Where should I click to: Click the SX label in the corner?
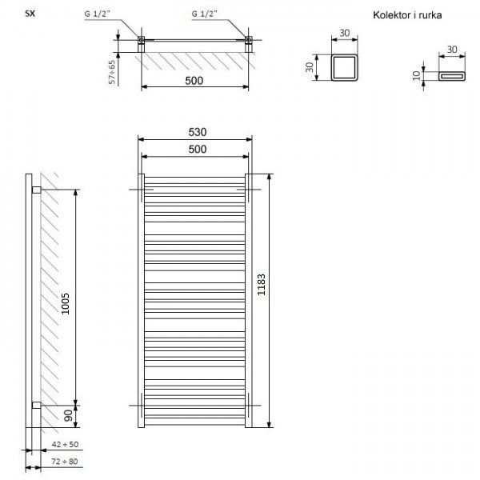[30, 14]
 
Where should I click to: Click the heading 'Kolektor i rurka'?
[407, 15]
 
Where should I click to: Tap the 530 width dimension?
[198, 132]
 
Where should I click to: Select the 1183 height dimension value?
[261, 284]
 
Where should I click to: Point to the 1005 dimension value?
[66, 304]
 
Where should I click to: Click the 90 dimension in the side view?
[68, 416]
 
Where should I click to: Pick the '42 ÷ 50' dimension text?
[65, 444]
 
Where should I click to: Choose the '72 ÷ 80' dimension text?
[65, 462]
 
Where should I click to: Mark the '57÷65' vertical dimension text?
[112, 72]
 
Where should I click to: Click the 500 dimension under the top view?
[194, 81]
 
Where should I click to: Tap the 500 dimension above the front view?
[198, 149]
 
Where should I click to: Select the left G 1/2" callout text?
[97, 14]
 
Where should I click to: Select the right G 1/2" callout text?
[205, 14]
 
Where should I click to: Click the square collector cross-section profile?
[345, 55]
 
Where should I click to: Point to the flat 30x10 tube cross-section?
[452, 73]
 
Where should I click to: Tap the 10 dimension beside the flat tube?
[417, 76]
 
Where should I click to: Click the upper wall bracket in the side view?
[37, 190]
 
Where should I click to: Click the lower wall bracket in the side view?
[37, 405]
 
